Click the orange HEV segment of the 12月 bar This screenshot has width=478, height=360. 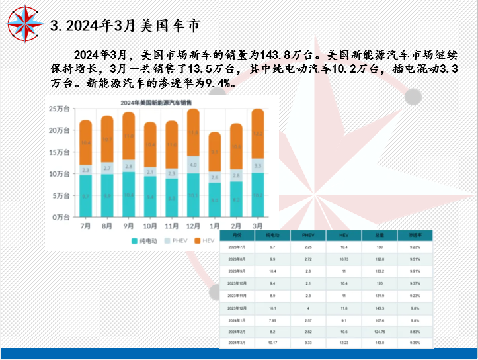tap(193, 132)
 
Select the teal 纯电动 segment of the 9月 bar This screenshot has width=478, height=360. tap(129, 195)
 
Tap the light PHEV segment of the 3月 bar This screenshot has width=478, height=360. tap(258, 165)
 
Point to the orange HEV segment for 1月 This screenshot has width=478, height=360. tap(215, 152)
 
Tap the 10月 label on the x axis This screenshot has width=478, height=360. tap(150, 226)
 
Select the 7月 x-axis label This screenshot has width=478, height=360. tap(86, 226)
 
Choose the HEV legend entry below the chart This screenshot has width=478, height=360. tap(208, 241)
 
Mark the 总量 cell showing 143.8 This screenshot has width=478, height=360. tap(379, 343)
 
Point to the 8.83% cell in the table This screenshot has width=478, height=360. tap(414, 331)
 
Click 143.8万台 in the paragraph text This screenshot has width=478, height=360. tap(286, 54)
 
